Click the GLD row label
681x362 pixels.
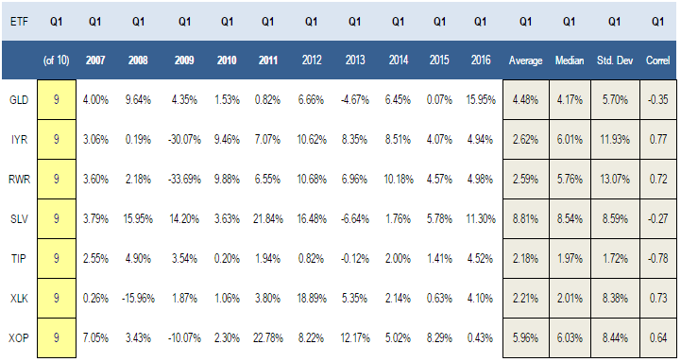(x=19, y=100)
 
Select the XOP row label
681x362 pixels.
(x=19, y=337)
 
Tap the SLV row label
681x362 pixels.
(x=19, y=218)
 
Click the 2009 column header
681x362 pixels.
(x=184, y=60)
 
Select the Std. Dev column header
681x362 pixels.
(x=615, y=60)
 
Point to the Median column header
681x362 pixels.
(x=570, y=60)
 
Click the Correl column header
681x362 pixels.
(x=657, y=60)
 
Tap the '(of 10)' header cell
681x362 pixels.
(x=56, y=60)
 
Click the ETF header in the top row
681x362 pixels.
(x=19, y=22)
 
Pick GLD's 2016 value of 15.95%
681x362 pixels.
(x=481, y=100)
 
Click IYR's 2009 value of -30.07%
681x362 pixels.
(x=184, y=140)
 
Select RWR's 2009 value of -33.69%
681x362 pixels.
(x=184, y=179)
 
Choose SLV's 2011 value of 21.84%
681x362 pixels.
(x=268, y=218)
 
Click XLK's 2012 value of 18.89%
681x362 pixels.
(x=312, y=298)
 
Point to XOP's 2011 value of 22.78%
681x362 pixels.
(x=268, y=337)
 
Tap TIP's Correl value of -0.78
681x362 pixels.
(x=657, y=259)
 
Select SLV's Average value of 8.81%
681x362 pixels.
(x=525, y=218)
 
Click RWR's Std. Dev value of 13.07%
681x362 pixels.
(x=615, y=179)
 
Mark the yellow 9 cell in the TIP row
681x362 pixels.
(x=57, y=259)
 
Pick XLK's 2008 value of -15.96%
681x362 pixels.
(x=138, y=298)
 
